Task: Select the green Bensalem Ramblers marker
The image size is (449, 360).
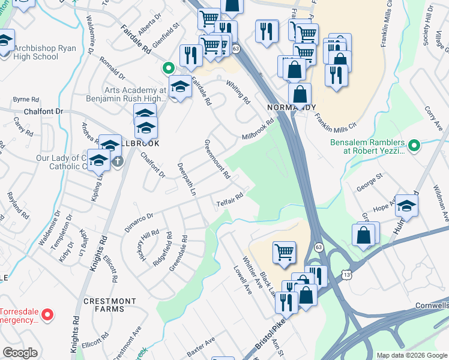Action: click(x=413, y=145)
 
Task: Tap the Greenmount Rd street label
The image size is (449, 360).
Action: click(x=217, y=160)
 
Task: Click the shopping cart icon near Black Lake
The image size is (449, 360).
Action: click(x=283, y=252)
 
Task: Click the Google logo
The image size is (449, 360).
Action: click(x=20, y=353)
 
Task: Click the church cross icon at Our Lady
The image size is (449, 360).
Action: click(x=118, y=161)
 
